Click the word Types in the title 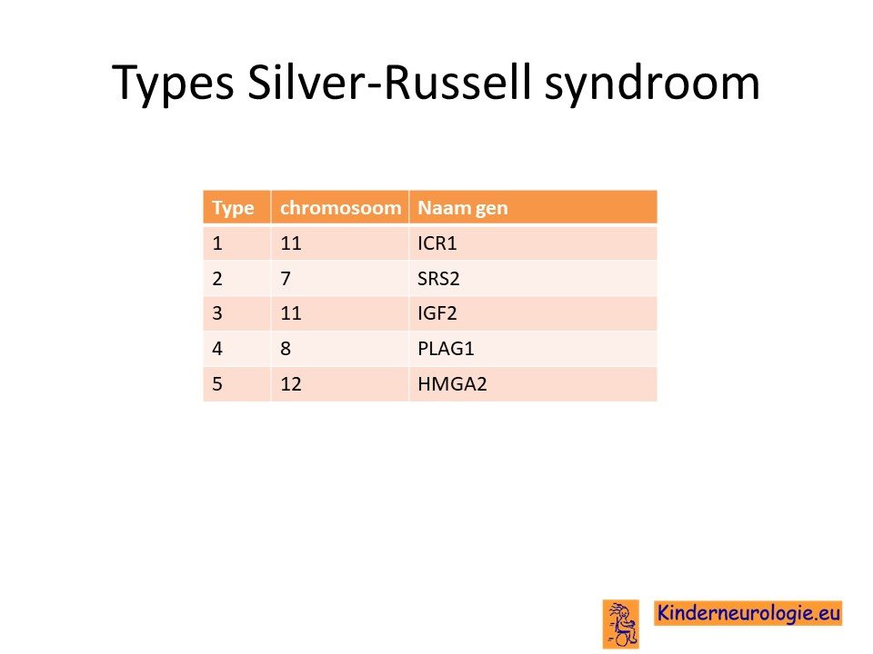pyautogui.click(x=173, y=84)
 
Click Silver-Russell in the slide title pyautogui.click(x=388, y=82)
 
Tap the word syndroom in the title pyautogui.click(x=652, y=84)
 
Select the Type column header pyautogui.click(x=233, y=208)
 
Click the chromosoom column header pyautogui.click(x=340, y=207)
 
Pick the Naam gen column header pyautogui.click(x=463, y=208)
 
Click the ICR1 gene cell pyautogui.click(x=437, y=243)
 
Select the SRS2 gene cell pyautogui.click(x=438, y=278)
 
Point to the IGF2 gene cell pyautogui.click(x=437, y=313)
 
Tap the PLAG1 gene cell pyautogui.click(x=446, y=349)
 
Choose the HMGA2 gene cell pyautogui.click(x=452, y=383)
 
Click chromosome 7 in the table pyautogui.click(x=286, y=278)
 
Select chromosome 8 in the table pyautogui.click(x=286, y=349)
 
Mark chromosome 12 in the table pyautogui.click(x=291, y=383)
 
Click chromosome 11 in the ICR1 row pyautogui.click(x=291, y=243)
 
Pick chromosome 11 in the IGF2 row pyautogui.click(x=291, y=313)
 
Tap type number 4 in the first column pyautogui.click(x=217, y=349)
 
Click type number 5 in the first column pyautogui.click(x=217, y=383)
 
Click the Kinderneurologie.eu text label pyautogui.click(x=748, y=613)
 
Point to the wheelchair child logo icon pyautogui.click(x=621, y=624)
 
